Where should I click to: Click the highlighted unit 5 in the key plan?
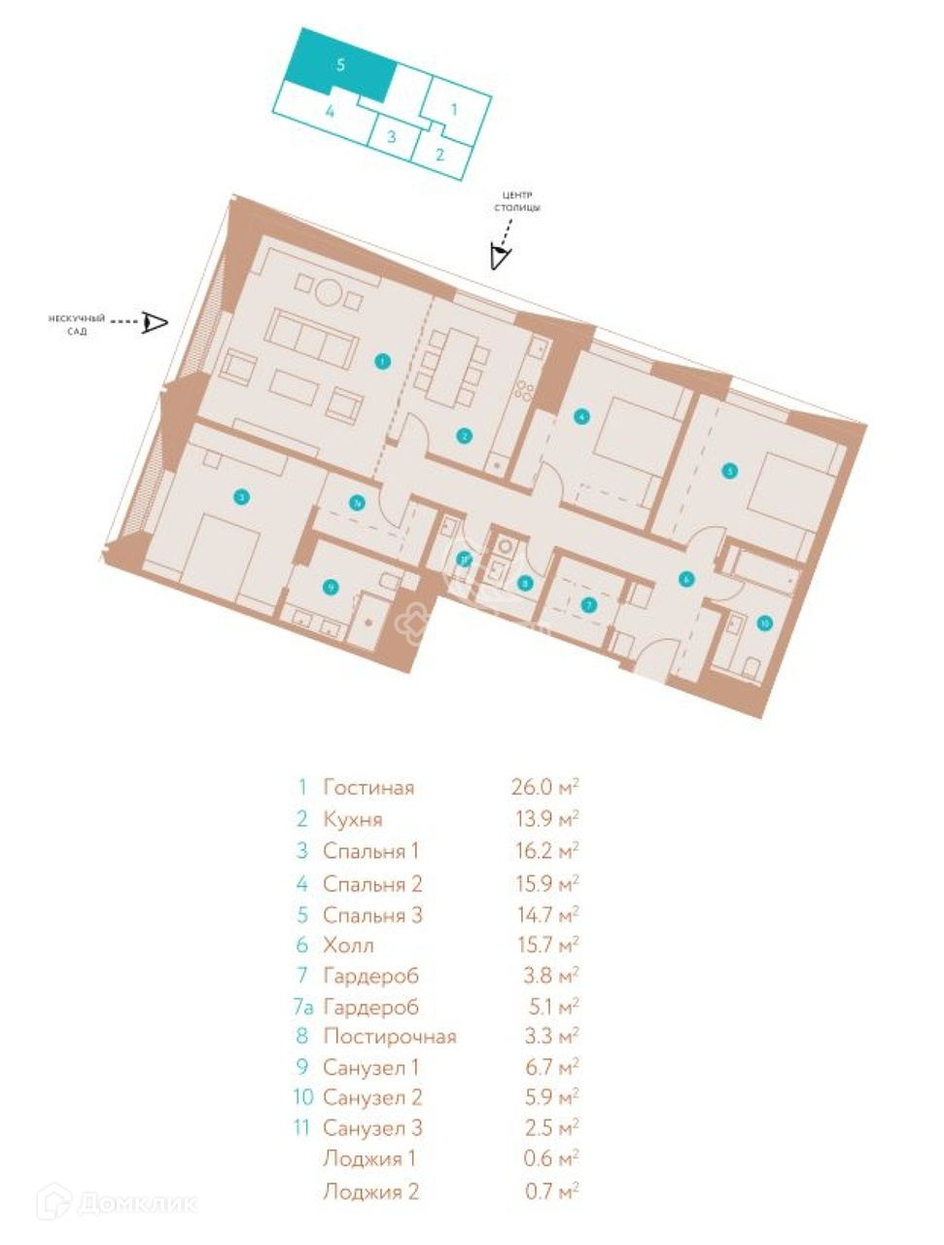click(x=340, y=65)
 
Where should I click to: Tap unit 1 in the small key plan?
click(x=454, y=109)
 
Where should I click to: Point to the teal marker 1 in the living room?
click(x=383, y=362)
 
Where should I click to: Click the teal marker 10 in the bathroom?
click(x=764, y=623)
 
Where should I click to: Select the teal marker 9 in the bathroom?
click(x=331, y=587)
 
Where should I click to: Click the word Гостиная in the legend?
click(x=368, y=787)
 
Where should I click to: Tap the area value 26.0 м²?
click(x=545, y=787)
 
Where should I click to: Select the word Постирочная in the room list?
click(x=389, y=1036)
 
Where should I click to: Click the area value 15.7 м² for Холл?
click(x=545, y=944)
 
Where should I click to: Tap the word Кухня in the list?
click(x=352, y=819)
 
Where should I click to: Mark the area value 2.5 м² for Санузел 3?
click(x=545, y=1128)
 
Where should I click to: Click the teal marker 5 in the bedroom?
click(x=729, y=471)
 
